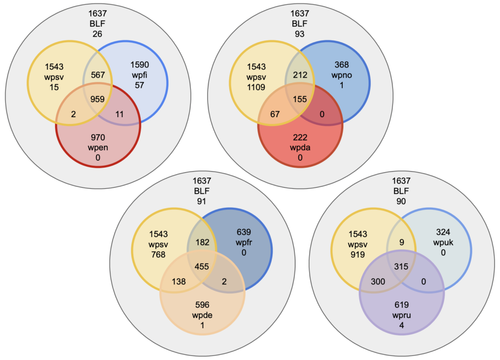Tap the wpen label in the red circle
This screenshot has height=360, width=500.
pyautogui.click(x=98, y=147)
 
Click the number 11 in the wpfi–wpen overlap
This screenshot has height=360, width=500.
pyautogui.click(x=119, y=114)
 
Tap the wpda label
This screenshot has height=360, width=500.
pyautogui.click(x=300, y=147)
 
